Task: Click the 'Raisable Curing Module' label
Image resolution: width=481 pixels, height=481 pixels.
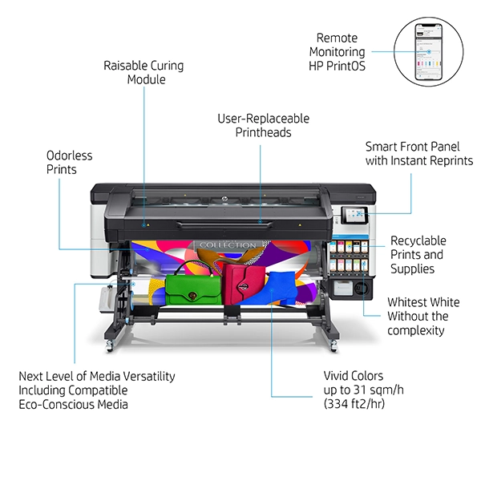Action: [145, 72]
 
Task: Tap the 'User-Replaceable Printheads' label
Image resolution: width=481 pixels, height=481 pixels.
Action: [263, 126]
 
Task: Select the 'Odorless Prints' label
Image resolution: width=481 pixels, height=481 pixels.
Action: [70, 162]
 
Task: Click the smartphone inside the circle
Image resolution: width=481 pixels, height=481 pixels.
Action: [429, 51]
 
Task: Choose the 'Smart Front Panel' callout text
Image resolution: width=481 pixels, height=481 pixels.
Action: [418, 147]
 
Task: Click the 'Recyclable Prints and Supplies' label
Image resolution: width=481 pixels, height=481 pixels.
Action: [418, 254]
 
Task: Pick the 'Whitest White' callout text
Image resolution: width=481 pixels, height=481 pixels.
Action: [423, 302]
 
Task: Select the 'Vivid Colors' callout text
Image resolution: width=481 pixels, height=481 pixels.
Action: [354, 375]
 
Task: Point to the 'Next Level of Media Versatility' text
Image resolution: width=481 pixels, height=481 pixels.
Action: [97, 376]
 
